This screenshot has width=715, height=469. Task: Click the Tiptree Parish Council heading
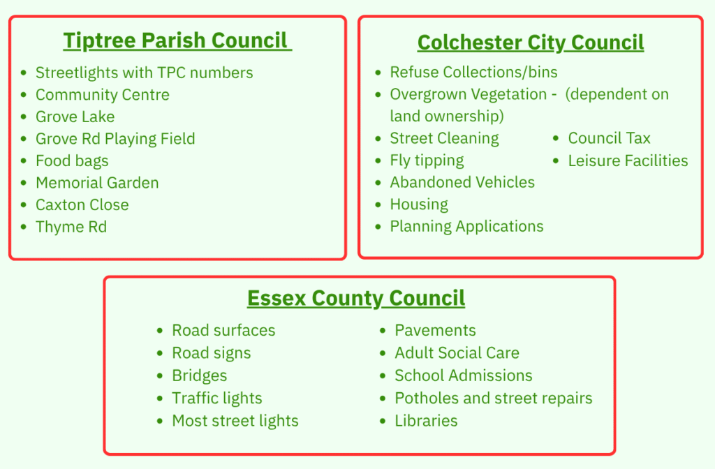pyautogui.click(x=177, y=40)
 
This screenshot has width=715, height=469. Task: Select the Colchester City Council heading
pyautogui.click(x=531, y=43)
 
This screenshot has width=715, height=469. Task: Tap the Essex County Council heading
pyautogui.click(x=356, y=298)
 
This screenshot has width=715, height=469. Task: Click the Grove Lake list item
pyautogui.click(x=75, y=117)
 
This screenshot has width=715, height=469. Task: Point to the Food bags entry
pyautogui.click(x=72, y=161)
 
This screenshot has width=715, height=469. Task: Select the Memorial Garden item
pyautogui.click(x=97, y=183)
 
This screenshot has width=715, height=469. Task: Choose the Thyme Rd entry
pyautogui.click(x=71, y=227)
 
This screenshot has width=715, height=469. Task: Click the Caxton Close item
pyautogui.click(x=82, y=205)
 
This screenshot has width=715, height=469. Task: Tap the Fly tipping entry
pyautogui.click(x=427, y=161)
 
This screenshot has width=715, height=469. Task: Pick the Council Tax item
pyautogui.click(x=609, y=138)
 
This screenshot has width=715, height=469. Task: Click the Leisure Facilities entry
pyautogui.click(x=628, y=161)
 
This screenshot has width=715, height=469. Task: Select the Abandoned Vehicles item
pyautogui.click(x=462, y=182)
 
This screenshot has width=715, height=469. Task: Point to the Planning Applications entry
pyautogui.click(x=467, y=227)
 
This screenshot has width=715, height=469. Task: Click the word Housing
pyautogui.click(x=419, y=204)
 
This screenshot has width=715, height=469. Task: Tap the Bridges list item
pyautogui.click(x=199, y=375)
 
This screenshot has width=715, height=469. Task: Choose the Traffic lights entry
pyautogui.click(x=217, y=399)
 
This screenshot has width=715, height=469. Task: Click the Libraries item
pyautogui.click(x=426, y=421)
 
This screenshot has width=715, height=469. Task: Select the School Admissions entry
pyautogui.click(x=464, y=375)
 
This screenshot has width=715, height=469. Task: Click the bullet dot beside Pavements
pyautogui.click(x=383, y=331)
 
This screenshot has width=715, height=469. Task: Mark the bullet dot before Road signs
pyautogui.click(x=160, y=354)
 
